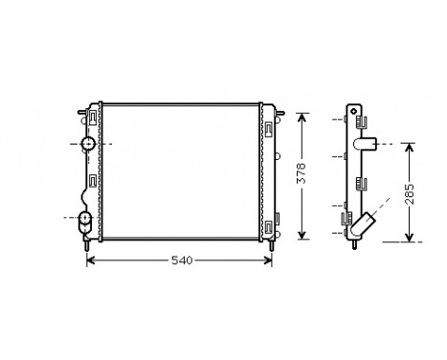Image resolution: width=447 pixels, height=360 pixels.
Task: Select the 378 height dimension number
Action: click(302, 176)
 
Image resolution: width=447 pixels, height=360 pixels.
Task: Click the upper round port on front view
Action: click(89, 144)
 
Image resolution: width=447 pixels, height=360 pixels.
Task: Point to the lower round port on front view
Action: click(85, 219)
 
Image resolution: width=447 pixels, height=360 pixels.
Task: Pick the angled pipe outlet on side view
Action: click(363, 225)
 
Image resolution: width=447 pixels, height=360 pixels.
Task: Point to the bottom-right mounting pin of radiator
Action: click(273, 247)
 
